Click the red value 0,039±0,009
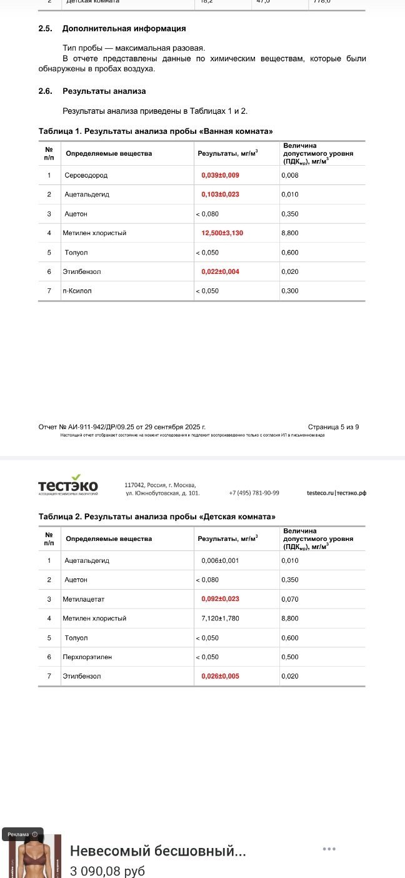pyautogui.click(x=220, y=175)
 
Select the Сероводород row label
pyautogui.click(x=86, y=175)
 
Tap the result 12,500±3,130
pyautogui.click(x=221, y=233)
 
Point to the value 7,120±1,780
pyautogui.click(x=220, y=618)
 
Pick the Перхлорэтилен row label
pyautogui.click(x=87, y=657)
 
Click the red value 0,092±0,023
pyautogui.click(x=220, y=599)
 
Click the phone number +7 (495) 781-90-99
pyautogui.click(x=254, y=493)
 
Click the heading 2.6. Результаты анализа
pyautogui.click(x=92, y=91)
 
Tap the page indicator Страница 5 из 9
pyautogui.click(x=333, y=427)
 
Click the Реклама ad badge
pyautogui.click(x=22, y=834)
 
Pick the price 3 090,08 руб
pyautogui.click(x=107, y=870)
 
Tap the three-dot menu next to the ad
pyautogui.click(x=329, y=849)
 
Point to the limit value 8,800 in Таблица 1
pyautogui.click(x=290, y=233)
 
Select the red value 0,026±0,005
pyautogui.click(x=220, y=677)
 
